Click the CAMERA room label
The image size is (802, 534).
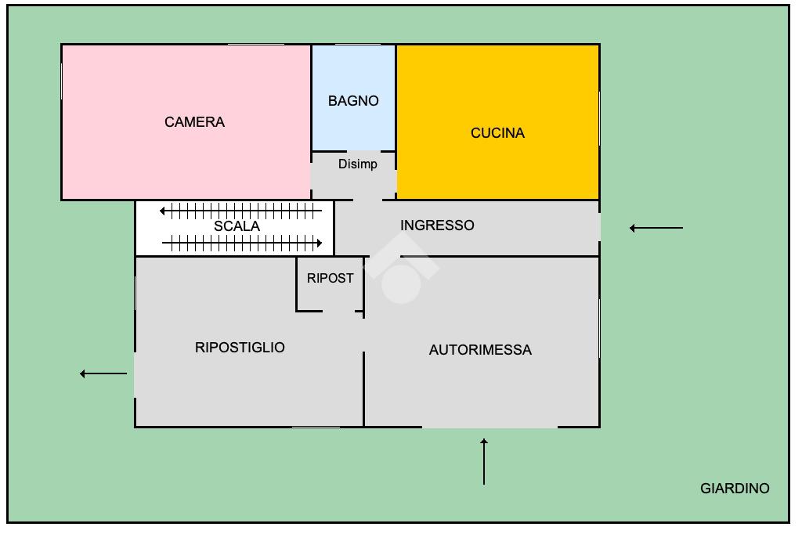coord(194,122)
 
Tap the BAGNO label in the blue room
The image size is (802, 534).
coord(353,101)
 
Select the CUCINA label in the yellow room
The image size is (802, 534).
coord(497,133)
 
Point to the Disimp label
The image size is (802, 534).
coord(357,164)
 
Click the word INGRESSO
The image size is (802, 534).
coord(437,226)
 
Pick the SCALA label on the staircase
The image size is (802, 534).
coord(237,226)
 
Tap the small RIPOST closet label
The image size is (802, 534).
coord(330,278)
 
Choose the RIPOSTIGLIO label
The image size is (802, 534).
coord(240,348)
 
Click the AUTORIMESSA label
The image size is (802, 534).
coord(480,350)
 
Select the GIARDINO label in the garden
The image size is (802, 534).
coord(734,489)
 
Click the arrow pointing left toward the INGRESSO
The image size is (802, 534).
coord(656,229)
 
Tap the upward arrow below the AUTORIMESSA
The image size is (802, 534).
coord(484,462)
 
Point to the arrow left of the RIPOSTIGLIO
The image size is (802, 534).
coord(103,374)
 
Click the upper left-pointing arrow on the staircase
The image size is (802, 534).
coord(240,211)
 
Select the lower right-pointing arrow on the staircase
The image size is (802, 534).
coord(242,244)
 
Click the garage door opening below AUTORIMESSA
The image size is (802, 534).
coord(490,427)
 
